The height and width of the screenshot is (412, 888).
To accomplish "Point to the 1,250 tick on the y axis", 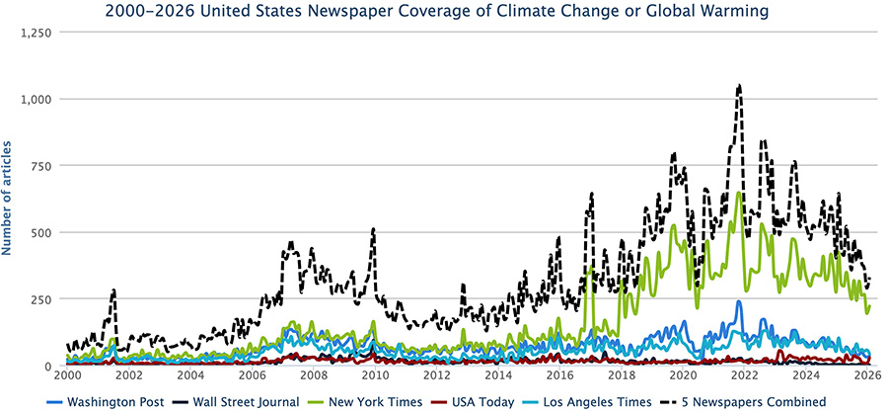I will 37,32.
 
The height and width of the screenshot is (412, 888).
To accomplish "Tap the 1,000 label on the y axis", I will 37,99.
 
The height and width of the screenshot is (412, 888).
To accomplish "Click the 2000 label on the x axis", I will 67,376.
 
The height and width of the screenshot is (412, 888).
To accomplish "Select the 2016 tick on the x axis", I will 559,376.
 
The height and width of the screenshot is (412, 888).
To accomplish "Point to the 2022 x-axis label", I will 744,376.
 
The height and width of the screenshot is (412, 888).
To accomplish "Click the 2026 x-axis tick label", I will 866,376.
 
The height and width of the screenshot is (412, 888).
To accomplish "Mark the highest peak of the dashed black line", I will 738,86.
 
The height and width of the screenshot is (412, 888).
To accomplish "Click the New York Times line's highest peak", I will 738,194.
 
